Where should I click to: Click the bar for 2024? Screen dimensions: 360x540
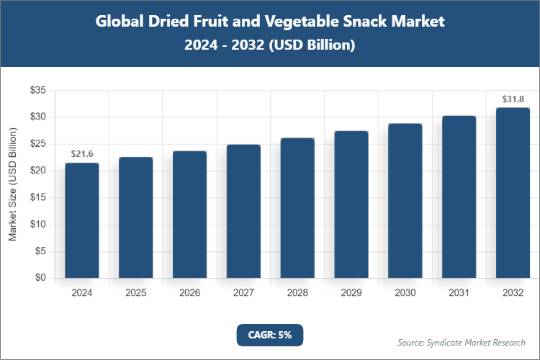[x=81, y=220]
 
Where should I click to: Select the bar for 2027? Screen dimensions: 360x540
[x=243, y=211]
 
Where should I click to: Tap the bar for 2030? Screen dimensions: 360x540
[x=405, y=201]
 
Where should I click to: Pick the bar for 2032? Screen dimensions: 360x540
[x=513, y=193]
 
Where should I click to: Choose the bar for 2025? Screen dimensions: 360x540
[x=135, y=217]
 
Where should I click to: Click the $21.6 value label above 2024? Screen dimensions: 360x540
[x=81, y=154]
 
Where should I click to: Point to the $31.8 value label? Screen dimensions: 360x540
[x=513, y=99]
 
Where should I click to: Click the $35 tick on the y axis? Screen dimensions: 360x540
[x=37, y=90]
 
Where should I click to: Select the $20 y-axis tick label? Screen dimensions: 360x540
[x=37, y=171]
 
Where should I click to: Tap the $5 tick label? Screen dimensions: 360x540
[x=40, y=251]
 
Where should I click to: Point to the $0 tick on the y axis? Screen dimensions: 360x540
[x=40, y=278]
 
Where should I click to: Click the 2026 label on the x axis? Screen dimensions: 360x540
[x=189, y=293]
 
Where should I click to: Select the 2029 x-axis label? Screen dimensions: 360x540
[x=351, y=293]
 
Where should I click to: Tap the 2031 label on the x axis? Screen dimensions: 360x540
[x=459, y=293]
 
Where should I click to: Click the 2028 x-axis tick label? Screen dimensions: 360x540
[x=297, y=293]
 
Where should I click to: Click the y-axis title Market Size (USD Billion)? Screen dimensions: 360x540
[x=12, y=184]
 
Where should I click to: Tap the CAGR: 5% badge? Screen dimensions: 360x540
[x=270, y=335]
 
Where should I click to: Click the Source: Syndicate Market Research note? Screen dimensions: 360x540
[x=462, y=342]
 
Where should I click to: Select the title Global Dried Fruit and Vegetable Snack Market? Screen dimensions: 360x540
[x=270, y=22]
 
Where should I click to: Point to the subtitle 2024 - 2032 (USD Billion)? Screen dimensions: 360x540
[x=270, y=45]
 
